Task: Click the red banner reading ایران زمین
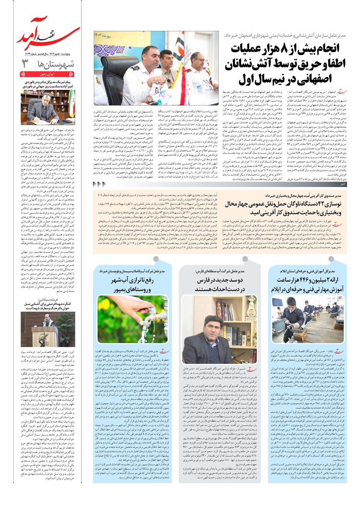tap(48, 73)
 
